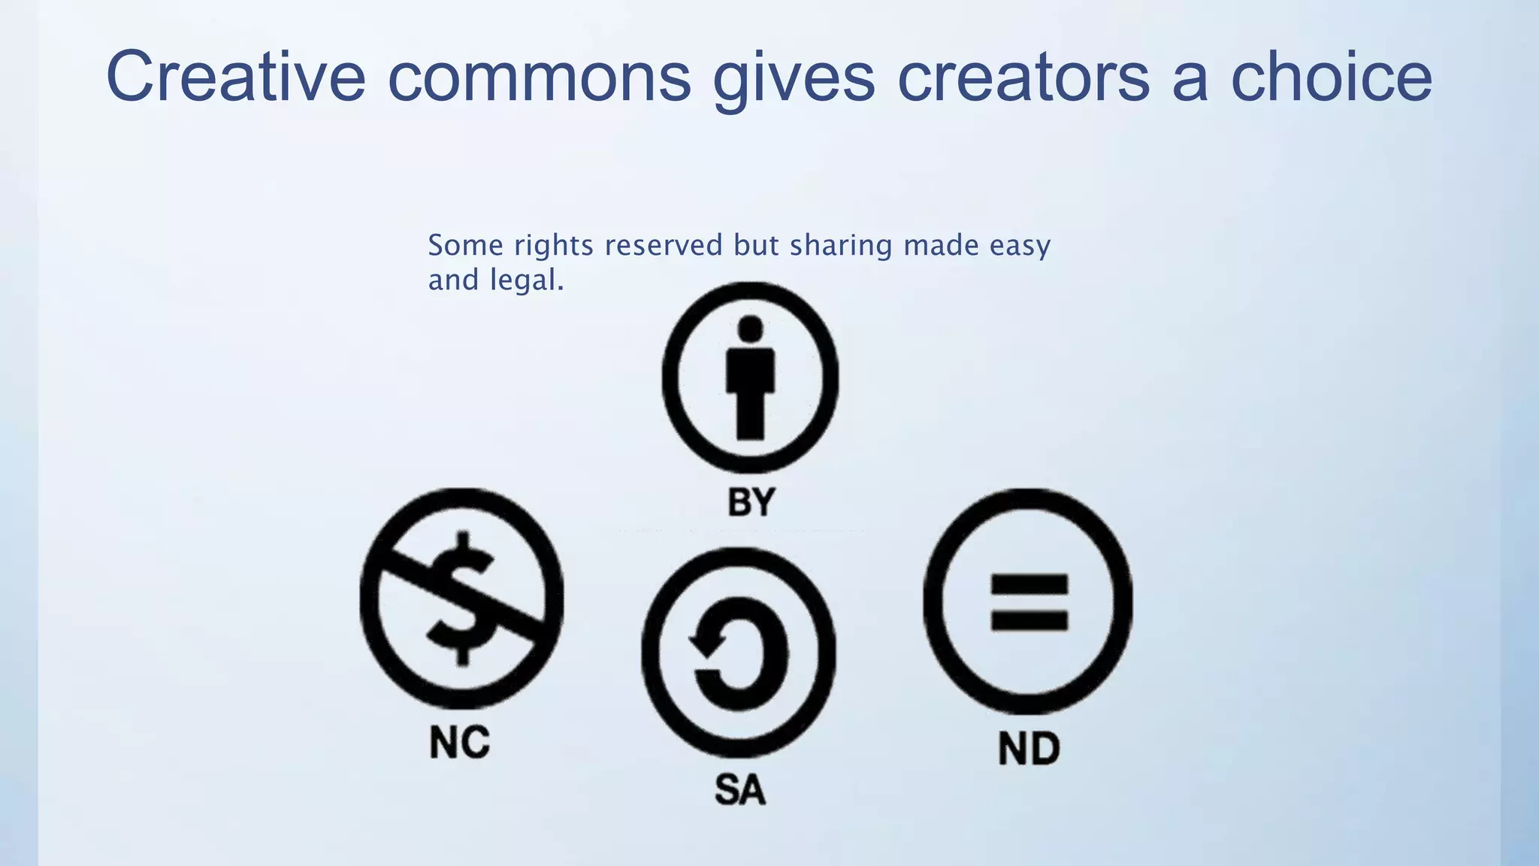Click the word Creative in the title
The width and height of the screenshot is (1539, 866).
coord(235,76)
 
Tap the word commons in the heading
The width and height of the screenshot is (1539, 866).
coord(539,76)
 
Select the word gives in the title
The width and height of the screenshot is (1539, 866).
coord(794,77)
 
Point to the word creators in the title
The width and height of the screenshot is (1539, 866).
coord(1023,76)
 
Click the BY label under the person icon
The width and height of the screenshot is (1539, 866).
coord(751,502)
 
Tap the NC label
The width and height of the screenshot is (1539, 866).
coord(459,742)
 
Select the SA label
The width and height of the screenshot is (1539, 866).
coord(739,790)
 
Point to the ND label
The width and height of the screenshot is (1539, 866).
coord(1029,749)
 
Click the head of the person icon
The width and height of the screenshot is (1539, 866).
coord(751,329)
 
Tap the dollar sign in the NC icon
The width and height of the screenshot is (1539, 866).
coord(461,598)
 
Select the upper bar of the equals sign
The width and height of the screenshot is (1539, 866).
coord(1030,585)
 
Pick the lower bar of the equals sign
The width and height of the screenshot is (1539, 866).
coord(1030,621)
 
